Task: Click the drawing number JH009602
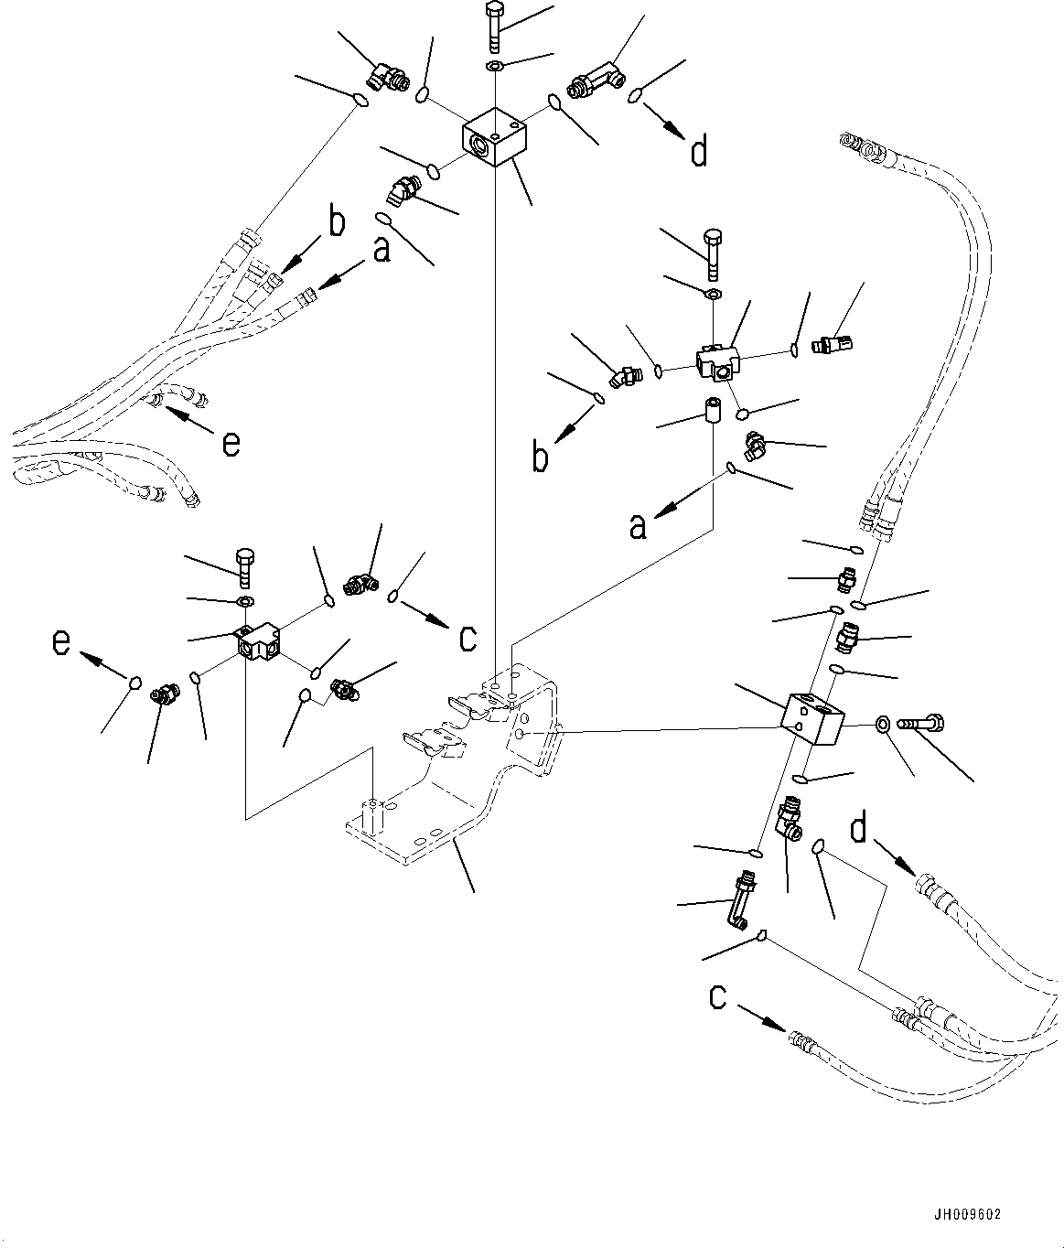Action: (x=968, y=1215)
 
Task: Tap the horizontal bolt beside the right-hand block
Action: (x=919, y=725)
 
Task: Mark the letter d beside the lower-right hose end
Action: (x=858, y=830)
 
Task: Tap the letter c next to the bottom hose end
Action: (x=718, y=997)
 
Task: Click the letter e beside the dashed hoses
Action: (x=231, y=444)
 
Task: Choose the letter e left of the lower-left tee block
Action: (x=60, y=643)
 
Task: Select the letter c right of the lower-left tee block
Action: (x=468, y=638)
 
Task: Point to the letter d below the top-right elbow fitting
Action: (x=699, y=152)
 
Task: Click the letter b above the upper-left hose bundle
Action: (x=337, y=222)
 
